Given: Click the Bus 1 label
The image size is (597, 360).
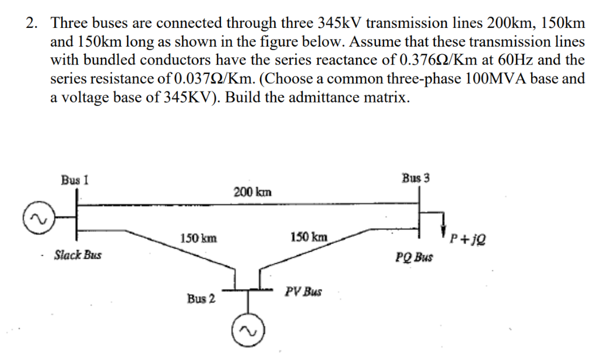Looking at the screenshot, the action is coord(75,179).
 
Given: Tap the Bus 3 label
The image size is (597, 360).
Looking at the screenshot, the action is coord(416,178).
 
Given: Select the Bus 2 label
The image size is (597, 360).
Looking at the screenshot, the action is coord(201,299).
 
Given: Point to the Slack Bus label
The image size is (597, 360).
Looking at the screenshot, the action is coord(78,255).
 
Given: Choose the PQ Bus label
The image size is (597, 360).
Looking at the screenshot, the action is coord(414,256).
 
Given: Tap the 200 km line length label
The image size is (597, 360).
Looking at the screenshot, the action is coord(252,192).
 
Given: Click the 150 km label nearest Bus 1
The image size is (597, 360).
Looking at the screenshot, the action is coord(199,238).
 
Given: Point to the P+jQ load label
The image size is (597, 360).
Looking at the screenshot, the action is coord(468,238).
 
